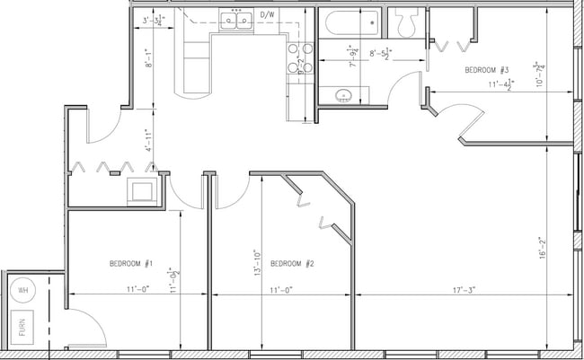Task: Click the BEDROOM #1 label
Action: coord(131,263)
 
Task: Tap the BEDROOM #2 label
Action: coord(291,263)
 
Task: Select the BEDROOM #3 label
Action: coord(488,69)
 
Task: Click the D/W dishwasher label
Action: coord(267,15)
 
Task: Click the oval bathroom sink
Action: coord(340,95)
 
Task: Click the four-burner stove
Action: coord(298,57)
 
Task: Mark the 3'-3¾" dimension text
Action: coord(154,19)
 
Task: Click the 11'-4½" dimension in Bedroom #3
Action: coord(500,85)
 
